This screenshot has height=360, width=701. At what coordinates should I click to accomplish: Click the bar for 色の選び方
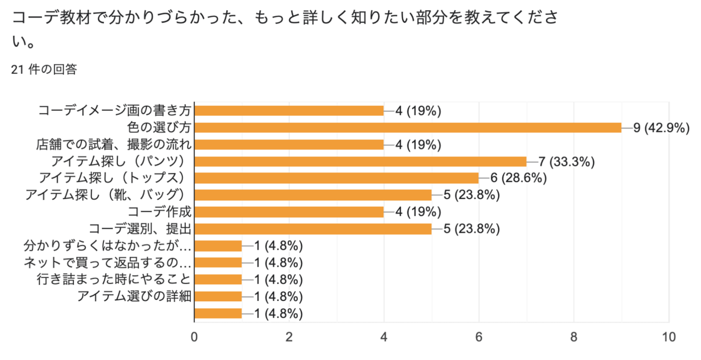coord(407,128)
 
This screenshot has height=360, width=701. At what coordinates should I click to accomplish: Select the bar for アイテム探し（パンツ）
coord(360,162)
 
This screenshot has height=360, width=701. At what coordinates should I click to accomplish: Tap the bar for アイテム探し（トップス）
coord(336,178)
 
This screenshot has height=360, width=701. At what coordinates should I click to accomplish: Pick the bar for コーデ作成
coord(289,212)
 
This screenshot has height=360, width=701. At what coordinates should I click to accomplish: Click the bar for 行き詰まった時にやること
coord(218,279)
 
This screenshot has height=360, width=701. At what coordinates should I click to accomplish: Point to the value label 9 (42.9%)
coord(661,128)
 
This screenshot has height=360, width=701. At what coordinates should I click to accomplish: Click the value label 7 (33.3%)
coord(566,162)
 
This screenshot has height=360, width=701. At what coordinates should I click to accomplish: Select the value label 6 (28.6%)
coord(518,178)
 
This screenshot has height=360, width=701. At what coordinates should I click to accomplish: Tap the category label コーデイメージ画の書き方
coord(114,111)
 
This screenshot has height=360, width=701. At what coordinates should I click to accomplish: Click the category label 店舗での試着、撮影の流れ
coord(114,144)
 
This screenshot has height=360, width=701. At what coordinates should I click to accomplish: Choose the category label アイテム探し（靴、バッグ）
coord(105,195)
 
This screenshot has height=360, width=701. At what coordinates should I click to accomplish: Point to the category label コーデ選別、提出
coord(140,229)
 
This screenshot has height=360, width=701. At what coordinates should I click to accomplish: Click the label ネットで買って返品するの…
coord(107,263)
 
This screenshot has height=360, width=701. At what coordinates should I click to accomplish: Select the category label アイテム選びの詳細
coord(134,296)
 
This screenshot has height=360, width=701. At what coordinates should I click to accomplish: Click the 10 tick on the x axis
coord(668,337)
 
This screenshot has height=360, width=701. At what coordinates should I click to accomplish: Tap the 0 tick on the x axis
coord(194,337)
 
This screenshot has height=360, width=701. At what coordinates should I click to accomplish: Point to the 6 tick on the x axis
coord(479,337)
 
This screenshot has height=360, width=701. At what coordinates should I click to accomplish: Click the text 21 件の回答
coord(44,69)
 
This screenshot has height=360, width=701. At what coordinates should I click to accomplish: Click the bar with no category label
coord(218,313)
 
